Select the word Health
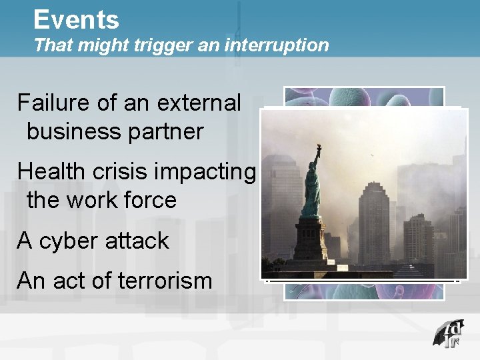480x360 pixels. point(53,171)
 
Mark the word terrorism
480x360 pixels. point(165,281)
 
